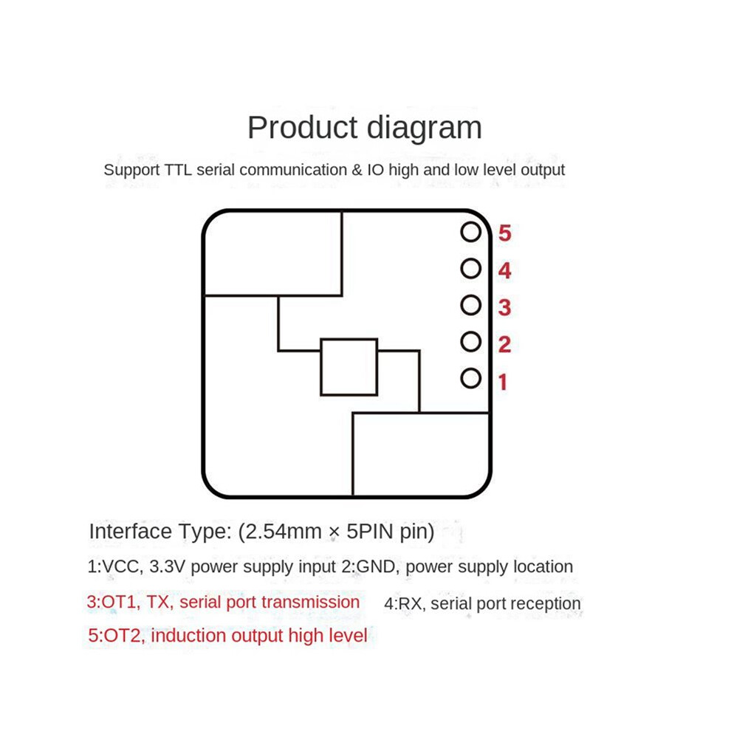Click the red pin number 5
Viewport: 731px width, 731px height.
[x=504, y=233]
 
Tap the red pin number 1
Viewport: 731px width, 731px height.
[x=503, y=382]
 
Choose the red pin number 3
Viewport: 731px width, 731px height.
[x=504, y=308]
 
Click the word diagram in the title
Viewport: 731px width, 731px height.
[x=424, y=128]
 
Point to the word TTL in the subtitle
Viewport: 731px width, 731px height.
[x=178, y=170]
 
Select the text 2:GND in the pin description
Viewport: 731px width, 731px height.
[x=370, y=567]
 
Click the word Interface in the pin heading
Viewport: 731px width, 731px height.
[x=130, y=532]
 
